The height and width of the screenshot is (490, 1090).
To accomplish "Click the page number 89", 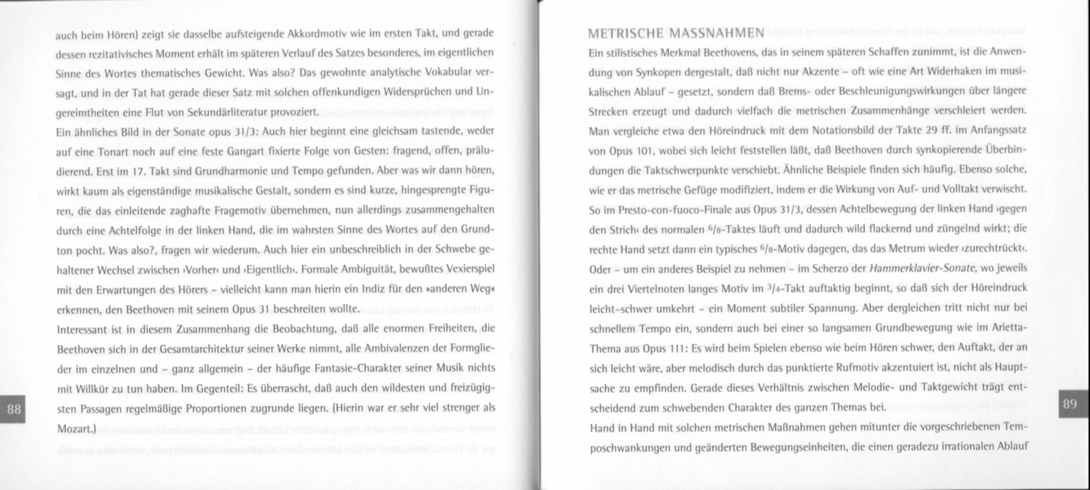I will tap(1070, 403).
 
